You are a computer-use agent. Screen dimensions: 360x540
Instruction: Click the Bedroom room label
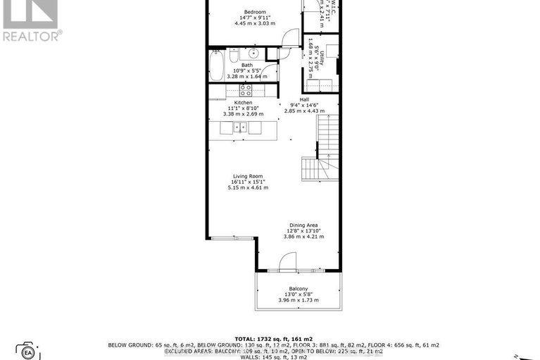(x=254, y=13)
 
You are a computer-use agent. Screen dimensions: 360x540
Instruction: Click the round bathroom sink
(x=252, y=54)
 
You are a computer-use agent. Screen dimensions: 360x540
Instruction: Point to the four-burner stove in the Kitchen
(x=246, y=90)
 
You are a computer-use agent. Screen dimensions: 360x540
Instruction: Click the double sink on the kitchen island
(x=240, y=128)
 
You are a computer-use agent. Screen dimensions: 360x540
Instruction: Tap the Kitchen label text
(x=243, y=103)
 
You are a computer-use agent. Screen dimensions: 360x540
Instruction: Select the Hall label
(x=304, y=100)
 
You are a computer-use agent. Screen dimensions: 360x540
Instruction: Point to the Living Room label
(x=248, y=176)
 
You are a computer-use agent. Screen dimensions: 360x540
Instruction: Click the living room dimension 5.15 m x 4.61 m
(x=248, y=188)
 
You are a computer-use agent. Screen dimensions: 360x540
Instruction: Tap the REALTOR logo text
(x=32, y=35)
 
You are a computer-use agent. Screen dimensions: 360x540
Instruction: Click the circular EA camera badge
(x=28, y=351)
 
